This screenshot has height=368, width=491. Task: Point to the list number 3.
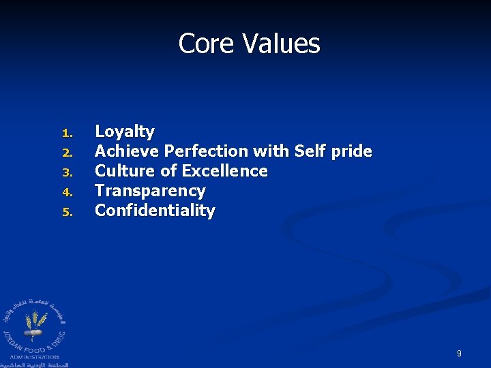coord(66,172)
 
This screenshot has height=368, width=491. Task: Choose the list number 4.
coord(66,191)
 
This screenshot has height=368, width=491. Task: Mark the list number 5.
coord(66,211)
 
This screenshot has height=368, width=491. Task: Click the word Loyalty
coord(125,132)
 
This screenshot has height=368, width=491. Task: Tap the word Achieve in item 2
coord(128,151)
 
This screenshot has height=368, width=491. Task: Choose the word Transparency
coord(150,191)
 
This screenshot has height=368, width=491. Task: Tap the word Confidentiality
coord(155,211)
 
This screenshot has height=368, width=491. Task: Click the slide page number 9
coord(459,354)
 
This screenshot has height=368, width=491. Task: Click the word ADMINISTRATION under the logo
coord(34,356)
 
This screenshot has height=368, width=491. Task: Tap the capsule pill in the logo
coord(32,333)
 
